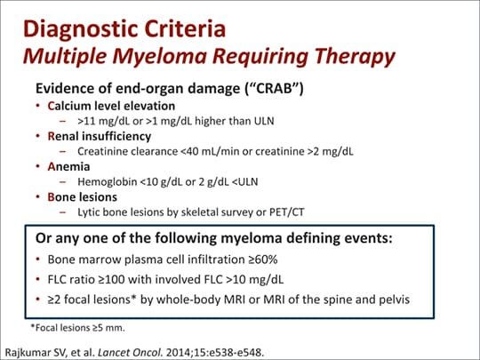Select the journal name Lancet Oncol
pos(131,347)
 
